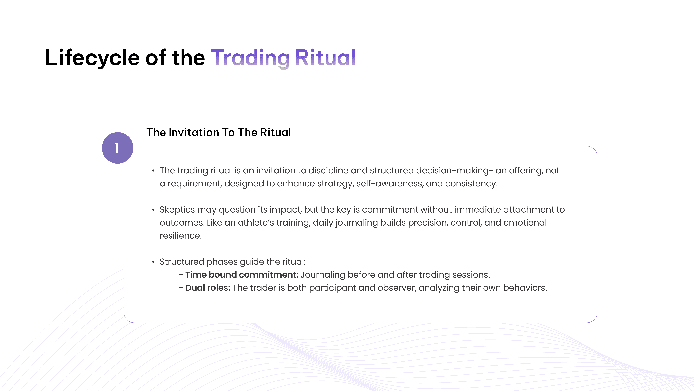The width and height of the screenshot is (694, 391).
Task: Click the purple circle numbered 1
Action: click(117, 148)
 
